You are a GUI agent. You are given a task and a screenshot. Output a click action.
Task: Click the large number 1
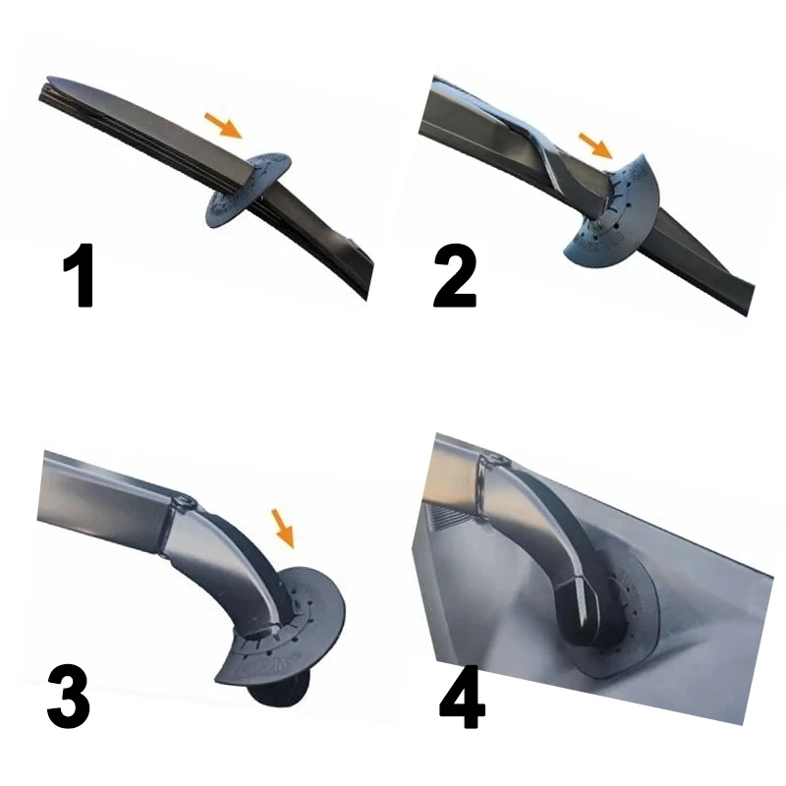click(80, 275)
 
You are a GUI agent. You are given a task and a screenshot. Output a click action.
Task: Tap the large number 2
click(454, 276)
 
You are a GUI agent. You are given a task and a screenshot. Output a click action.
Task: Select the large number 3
click(68, 697)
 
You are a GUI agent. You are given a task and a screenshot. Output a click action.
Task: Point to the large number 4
click(462, 697)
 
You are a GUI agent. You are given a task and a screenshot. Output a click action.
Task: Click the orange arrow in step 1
click(224, 126)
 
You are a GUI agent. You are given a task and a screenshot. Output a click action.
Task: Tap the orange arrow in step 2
click(596, 145)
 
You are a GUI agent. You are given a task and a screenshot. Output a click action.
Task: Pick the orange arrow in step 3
click(283, 529)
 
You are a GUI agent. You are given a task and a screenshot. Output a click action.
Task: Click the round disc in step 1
click(249, 190)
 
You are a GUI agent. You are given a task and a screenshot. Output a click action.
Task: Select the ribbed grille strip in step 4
click(450, 513)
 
